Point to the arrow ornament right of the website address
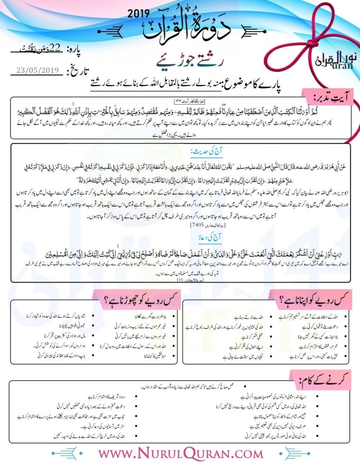point(277,454)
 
